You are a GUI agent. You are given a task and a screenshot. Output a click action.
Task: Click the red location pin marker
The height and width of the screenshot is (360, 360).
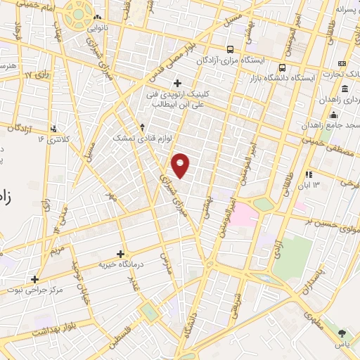(x=181, y=165)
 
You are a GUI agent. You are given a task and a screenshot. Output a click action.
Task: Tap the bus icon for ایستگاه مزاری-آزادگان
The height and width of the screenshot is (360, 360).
(x=230, y=49)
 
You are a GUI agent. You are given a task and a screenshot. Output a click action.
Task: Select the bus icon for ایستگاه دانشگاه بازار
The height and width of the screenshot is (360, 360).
(x=282, y=68)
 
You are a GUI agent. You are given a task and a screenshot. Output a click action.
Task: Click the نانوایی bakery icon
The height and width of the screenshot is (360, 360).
(x=97, y=18)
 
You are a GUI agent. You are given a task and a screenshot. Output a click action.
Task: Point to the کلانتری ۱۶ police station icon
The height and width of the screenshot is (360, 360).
(x=54, y=128)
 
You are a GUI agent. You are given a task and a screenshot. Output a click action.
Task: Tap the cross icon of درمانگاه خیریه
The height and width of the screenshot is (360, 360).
(x=121, y=254)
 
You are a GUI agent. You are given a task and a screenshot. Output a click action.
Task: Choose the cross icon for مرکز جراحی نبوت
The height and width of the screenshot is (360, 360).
(x=34, y=278)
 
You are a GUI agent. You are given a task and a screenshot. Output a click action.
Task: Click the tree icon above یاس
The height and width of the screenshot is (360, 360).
(x=342, y=333)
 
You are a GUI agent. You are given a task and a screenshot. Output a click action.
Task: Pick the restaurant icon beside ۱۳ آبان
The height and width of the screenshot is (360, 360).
(x=309, y=174)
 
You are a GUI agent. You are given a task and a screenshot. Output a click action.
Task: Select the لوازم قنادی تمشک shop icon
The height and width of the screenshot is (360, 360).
(x=143, y=127)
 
